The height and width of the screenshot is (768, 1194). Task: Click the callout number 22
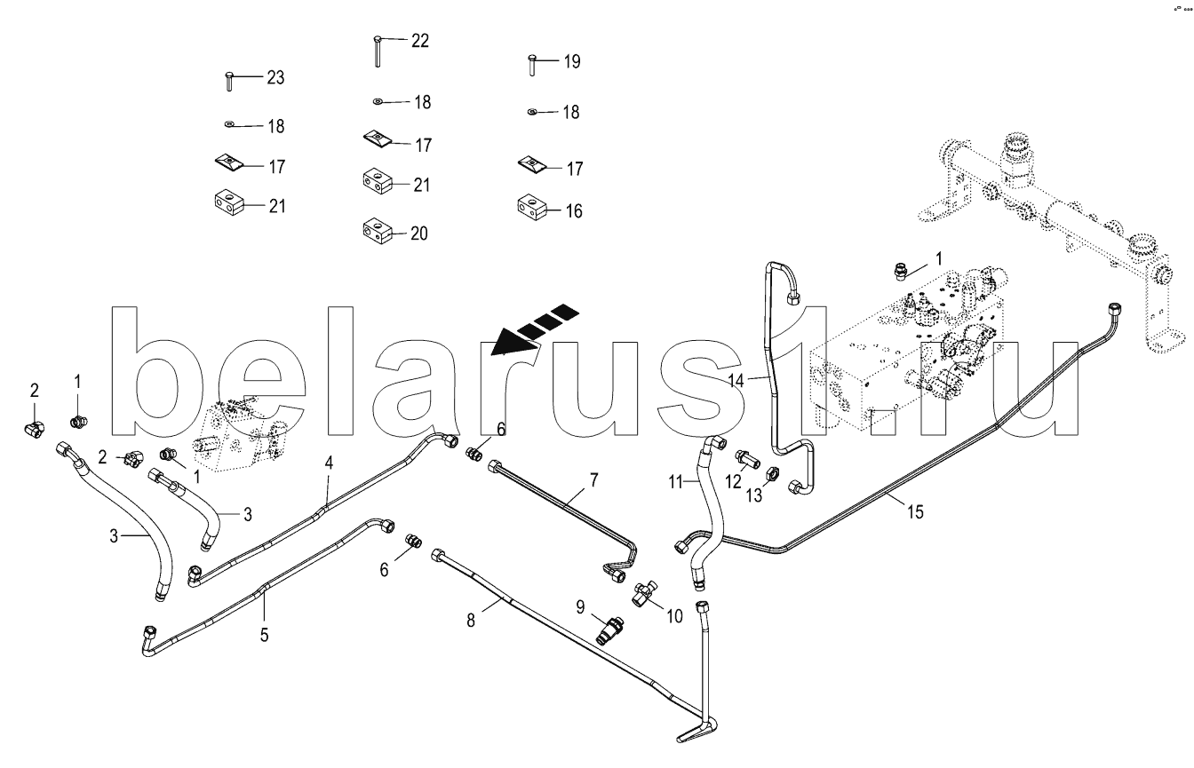pos(420,41)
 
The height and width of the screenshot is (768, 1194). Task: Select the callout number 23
pos(275,78)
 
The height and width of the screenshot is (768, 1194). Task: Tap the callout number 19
pos(572,62)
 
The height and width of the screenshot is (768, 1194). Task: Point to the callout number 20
pos(419,234)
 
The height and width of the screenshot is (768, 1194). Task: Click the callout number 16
pos(574,211)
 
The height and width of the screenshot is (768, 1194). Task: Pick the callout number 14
pos(736,380)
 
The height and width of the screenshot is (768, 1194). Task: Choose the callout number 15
pos(915,512)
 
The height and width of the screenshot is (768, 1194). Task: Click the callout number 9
pos(580,606)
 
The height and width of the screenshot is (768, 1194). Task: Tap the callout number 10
pos(674,616)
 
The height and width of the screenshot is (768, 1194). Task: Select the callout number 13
pos(753,495)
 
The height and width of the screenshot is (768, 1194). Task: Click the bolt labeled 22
pos(378,51)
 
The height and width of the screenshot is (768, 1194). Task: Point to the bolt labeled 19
pos(531,65)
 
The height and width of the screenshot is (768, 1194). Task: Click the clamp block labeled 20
pos(378,231)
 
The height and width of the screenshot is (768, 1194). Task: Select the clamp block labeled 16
pos(532,207)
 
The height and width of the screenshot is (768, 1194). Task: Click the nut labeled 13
pos(772,471)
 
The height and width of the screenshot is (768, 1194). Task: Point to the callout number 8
pos(471,621)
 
